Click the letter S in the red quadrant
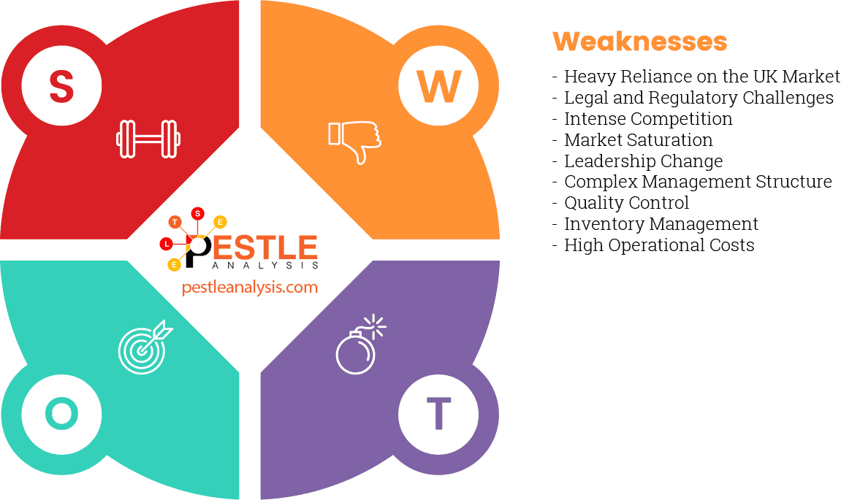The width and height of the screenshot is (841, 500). pos(61,86)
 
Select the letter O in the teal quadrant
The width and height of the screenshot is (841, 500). pos(61,414)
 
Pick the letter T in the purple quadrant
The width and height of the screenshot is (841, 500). pos(438,414)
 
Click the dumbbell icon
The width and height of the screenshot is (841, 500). pos(148,139)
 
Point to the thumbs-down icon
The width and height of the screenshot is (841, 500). pos(354,141)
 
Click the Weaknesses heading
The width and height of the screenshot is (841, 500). pos(639,42)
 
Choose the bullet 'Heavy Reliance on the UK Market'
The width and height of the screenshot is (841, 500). pos(701,77)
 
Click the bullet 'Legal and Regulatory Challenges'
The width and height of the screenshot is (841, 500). pos(699,98)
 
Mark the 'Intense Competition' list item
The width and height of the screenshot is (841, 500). pos(648,119)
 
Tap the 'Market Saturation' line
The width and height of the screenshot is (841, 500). pos(638,140)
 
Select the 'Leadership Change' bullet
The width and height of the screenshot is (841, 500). pos(643,161)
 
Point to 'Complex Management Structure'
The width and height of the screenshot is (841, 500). pos(698,182)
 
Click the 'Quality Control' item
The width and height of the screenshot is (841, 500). pos(626,203)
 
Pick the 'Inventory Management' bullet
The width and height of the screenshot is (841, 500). pos(661,224)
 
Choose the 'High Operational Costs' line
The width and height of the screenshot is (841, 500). pos(659,245)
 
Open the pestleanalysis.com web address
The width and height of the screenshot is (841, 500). pos(250,288)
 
